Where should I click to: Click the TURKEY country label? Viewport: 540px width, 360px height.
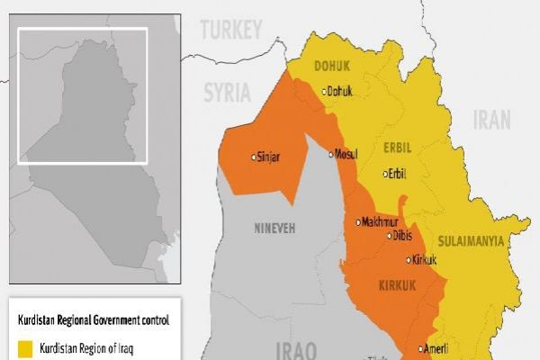coord(231,31)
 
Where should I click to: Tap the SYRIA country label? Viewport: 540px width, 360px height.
coord(230,93)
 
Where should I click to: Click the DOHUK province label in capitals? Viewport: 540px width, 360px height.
coord(332,66)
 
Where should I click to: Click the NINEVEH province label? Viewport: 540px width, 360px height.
coord(276,229)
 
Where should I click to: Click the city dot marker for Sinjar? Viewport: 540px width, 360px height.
coord(253,157)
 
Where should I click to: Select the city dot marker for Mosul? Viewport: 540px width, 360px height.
coord(330,154)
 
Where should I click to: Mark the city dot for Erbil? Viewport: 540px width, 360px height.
coord(384,175)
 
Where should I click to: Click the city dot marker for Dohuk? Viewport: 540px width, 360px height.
coord(324,91)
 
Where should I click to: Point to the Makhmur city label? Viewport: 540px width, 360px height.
coord(382,222)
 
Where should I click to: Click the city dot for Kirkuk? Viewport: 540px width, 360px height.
coord(407,260)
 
